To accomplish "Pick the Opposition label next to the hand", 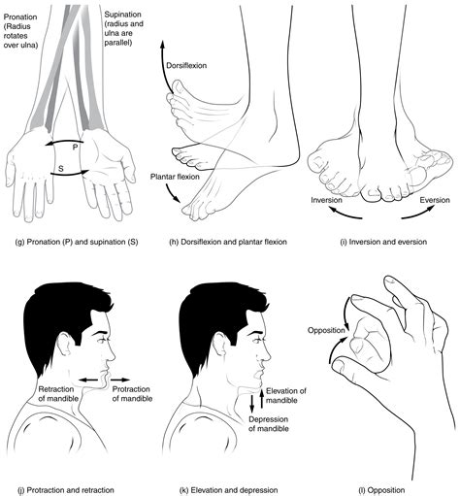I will point(326,330).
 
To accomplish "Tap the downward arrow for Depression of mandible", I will point(254,403).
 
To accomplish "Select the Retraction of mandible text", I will point(63,395).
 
